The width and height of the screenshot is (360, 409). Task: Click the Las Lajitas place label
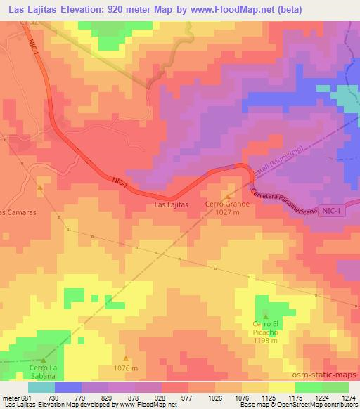[170, 205]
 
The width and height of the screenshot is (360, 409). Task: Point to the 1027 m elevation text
[224, 213]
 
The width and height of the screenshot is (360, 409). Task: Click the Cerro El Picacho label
[266, 327]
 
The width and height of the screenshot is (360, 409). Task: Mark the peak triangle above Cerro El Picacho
[266, 316]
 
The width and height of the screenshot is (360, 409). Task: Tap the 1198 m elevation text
[266, 341]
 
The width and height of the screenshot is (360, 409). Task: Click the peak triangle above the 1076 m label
[126, 358]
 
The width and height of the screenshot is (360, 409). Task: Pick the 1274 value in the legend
[346, 398]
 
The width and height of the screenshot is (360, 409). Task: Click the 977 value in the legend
[186, 398]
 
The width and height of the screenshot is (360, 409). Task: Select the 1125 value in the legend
[267, 398]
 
